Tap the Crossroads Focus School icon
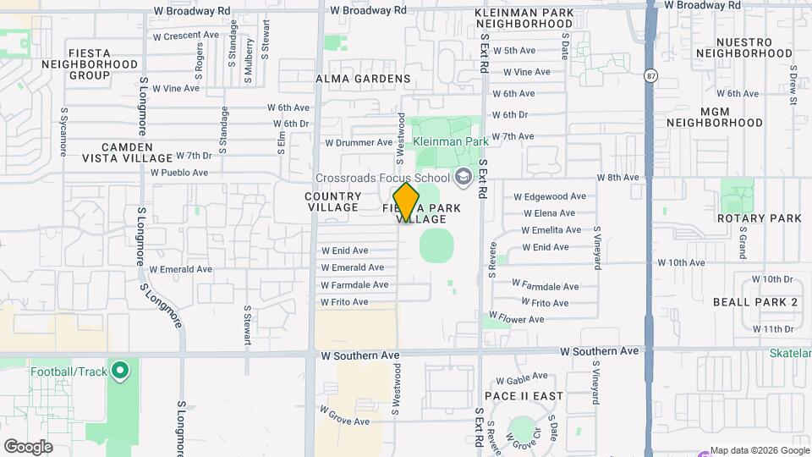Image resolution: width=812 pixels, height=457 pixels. [463, 178]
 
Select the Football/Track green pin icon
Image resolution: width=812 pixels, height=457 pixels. [119, 370]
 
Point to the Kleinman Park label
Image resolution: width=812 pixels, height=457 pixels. [451, 141]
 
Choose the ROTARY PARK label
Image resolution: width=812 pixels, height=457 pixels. [757, 218]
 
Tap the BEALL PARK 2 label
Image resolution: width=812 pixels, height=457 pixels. [755, 302]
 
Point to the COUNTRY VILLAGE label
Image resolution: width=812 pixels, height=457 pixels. [333, 201]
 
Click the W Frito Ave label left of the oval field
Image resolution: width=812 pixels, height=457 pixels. [344, 302]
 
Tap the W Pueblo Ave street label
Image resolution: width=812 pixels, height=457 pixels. [179, 173]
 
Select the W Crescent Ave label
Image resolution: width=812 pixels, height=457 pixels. [185, 36]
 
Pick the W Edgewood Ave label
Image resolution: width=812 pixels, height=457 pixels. [550, 196]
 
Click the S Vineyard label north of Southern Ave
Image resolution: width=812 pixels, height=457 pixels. [596, 247]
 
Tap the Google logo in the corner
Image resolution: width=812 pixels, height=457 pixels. [28, 446]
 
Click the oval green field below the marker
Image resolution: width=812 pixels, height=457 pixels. [436, 245]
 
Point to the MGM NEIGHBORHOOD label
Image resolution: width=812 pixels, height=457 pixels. [715, 117]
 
